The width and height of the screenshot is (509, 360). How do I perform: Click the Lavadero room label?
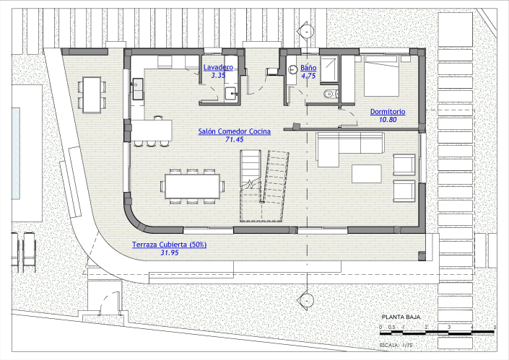pos(217,67)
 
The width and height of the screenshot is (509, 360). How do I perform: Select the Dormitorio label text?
pos(388,112)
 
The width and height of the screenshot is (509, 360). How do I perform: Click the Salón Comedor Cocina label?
pos(235,131)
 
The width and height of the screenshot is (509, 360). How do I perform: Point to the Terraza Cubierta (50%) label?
pos(170,245)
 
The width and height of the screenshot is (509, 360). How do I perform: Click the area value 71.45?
pos(235,140)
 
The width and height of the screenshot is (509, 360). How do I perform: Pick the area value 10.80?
pos(388,120)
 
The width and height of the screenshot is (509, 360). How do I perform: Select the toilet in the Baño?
pos(329,92)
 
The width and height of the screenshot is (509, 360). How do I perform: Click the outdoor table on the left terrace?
pos(92,95)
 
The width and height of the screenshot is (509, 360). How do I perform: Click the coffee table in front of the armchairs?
pos(367,174)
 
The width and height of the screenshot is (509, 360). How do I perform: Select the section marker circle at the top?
pos(308,32)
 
